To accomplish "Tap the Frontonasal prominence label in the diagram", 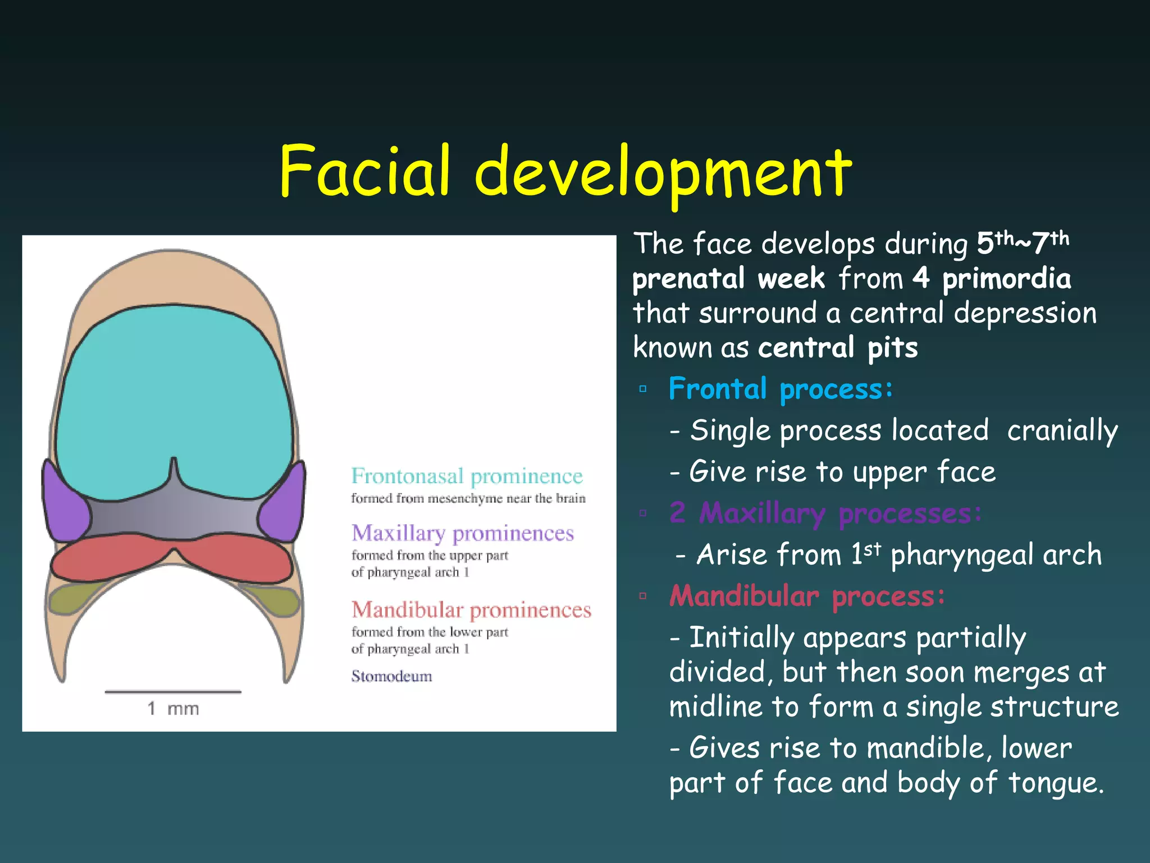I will click(x=467, y=476).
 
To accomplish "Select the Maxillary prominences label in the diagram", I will click(x=463, y=533).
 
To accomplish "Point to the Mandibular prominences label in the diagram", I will click(x=471, y=610).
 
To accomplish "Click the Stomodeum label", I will click(x=391, y=676).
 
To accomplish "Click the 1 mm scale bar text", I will click(x=173, y=708).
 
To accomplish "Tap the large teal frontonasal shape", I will click(x=174, y=393).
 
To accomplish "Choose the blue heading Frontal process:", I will click(x=781, y=389).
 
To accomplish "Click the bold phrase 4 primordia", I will click(x=991, y=279).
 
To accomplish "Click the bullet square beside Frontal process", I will click(x=643, y=389).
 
